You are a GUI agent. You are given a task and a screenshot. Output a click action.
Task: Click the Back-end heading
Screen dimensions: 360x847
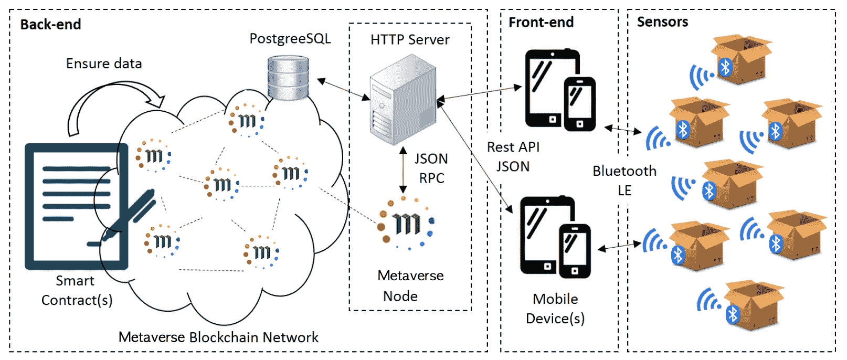click(x=50, y=25)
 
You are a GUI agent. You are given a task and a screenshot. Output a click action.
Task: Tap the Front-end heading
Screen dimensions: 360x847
click(x=541, y=23)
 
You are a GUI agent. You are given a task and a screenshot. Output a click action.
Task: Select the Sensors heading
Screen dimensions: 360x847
click(x=662, y=22)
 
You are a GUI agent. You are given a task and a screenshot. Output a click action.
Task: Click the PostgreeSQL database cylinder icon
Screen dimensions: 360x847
click(x=288, y=78)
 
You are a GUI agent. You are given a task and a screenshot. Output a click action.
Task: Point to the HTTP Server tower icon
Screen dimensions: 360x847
click(x=403, y=100)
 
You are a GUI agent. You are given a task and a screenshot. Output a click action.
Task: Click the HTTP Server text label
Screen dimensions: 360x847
click(x=410, y=40)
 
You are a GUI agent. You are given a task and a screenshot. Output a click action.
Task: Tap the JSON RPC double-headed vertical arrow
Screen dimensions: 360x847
click(x=403, y=170)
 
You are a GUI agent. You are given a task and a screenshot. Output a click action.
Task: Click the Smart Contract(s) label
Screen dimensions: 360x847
click(x=77, y=290)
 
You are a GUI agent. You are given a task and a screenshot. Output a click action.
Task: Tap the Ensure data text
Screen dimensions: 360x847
click(x=104, y=63)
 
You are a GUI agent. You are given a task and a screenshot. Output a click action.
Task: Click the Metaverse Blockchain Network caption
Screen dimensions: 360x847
click(x=218, y=337)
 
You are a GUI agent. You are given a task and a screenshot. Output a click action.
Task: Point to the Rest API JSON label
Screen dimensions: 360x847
click(x=513, y=156)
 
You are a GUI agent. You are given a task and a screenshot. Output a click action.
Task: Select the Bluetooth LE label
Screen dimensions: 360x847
click(x=624, y=180)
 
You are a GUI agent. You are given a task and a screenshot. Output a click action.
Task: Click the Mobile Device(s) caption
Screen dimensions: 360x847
click(x=555, y=309)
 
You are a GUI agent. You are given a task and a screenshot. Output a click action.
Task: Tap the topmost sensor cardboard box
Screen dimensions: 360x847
click(x=740, y=59)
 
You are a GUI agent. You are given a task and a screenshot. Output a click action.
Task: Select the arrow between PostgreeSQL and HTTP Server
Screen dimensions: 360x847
click(x=343, y=89)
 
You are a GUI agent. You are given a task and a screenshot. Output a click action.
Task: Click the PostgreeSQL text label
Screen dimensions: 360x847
click(x=290, y=39)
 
